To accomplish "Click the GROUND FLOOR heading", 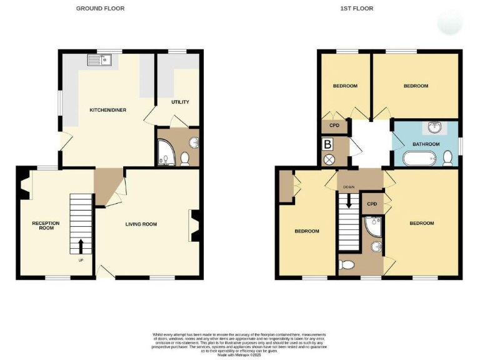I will (x=100, y=9).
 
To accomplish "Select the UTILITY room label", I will (x=180, y=102).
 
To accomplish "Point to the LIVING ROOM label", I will (x=141, y=224).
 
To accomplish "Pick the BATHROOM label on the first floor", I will (x=426, y=144).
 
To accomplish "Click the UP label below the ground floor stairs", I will (x=81, y=260).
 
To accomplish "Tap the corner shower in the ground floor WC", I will (x=166, y=152).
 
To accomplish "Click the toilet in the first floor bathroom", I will (x=447, y=160).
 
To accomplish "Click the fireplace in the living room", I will (x=194, y=225).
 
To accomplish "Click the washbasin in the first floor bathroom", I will (x=434, y=128).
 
